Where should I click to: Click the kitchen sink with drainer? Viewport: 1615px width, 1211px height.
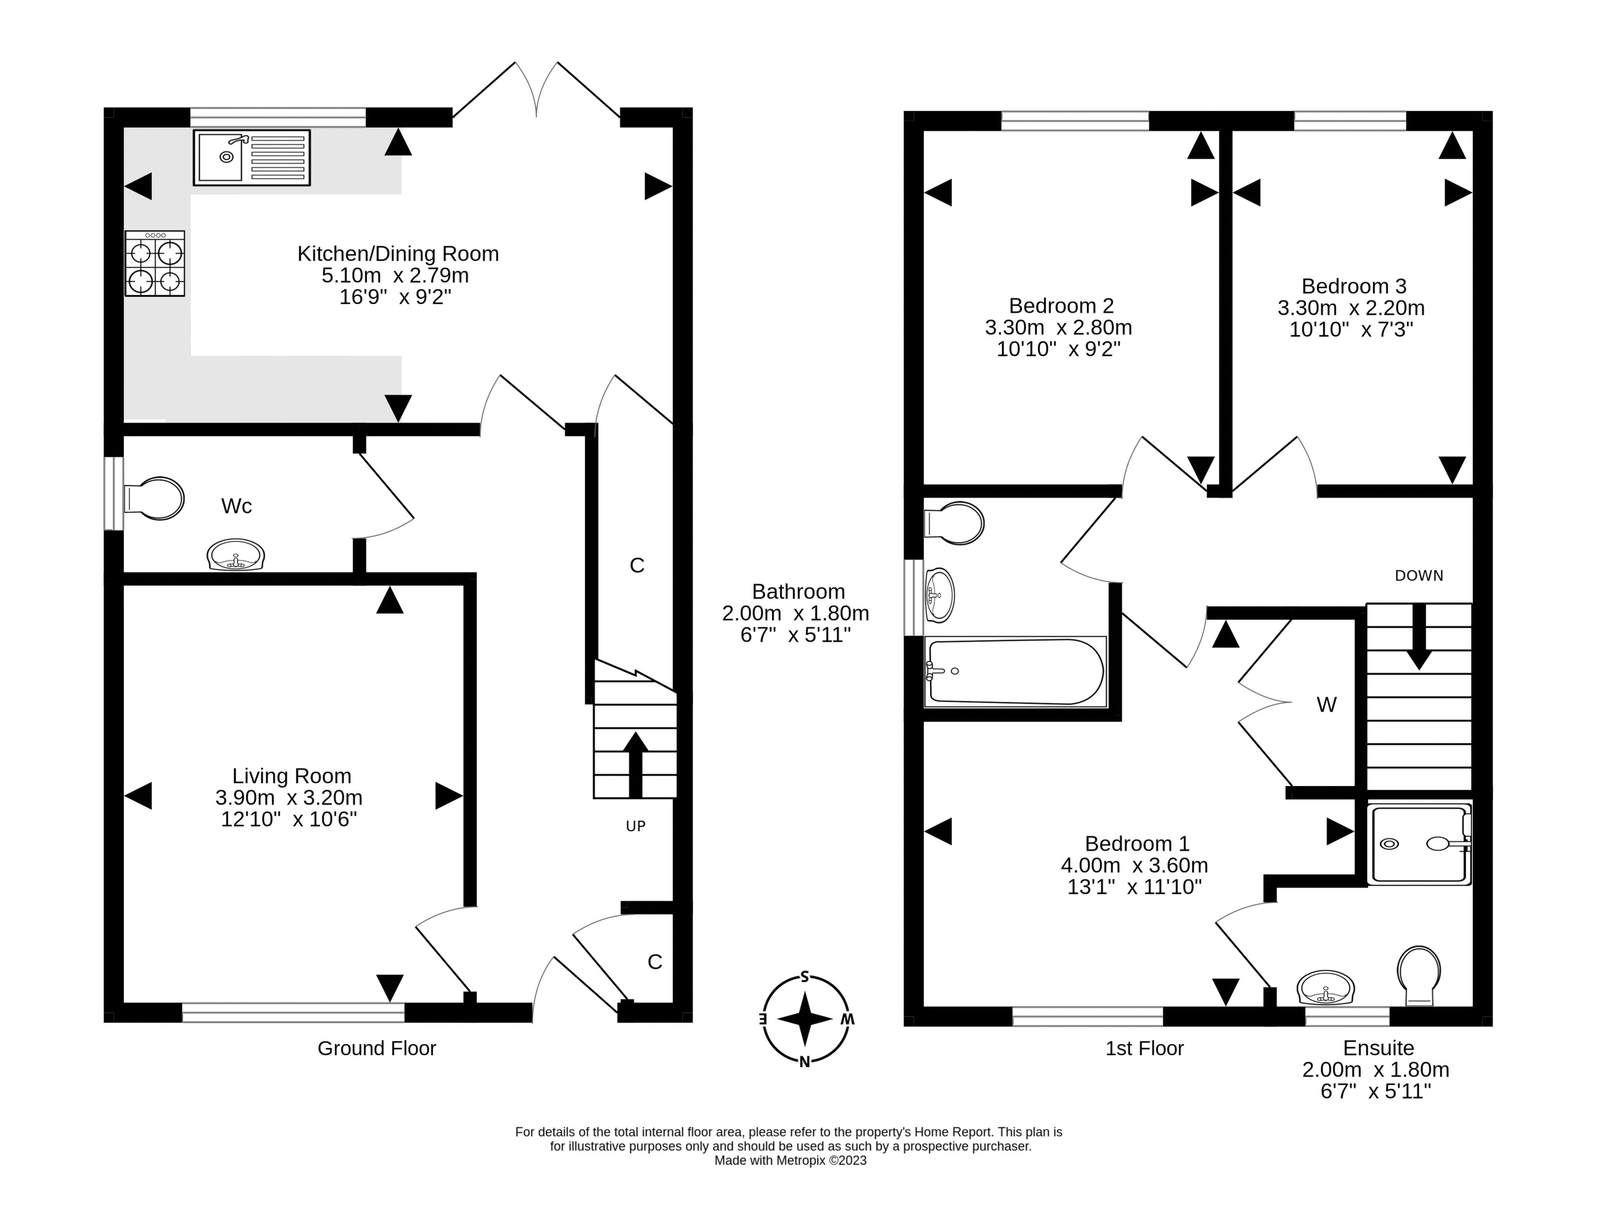point(251,158)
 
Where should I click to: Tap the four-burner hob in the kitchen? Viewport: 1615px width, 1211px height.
point(155,263)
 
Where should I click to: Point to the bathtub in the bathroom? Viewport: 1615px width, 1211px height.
point(1015,671)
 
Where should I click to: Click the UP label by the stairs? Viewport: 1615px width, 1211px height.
point(635,826)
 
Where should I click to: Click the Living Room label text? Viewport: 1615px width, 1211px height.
point(291,776)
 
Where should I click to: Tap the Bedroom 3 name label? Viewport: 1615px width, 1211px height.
point(1354,286)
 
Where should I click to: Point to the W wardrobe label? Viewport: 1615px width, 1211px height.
point(1326,704)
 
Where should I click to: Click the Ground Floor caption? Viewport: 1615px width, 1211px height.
point(376,1048)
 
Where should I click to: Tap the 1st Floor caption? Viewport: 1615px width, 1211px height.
point(1144,1048)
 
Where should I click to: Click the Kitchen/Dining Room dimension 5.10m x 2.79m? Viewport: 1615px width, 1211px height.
point(395,276)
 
